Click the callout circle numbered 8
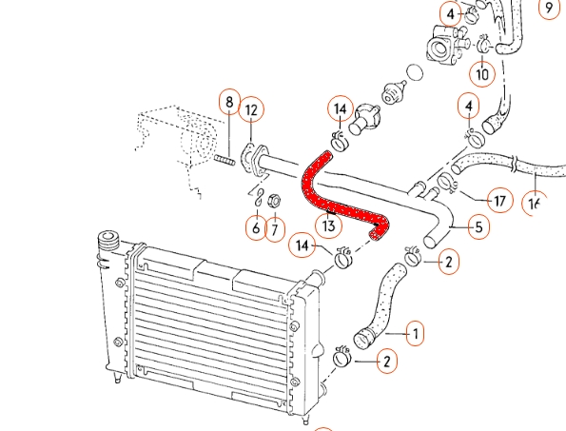[x=230, y=102]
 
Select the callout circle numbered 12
[x=251, y=109]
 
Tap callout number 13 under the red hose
[x=328, y=226]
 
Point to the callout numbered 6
[x=256, y=228]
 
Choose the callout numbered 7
[x=275, y=229]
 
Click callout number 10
[x=482, y=73]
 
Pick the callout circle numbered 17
[x=500, y=201]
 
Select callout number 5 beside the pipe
[x=479, y=227]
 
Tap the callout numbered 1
[x=415, y=334]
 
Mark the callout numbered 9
[x=550, y=8]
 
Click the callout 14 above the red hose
[x=341, y=109]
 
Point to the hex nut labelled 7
[x=274, y=201]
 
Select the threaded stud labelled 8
[x=224, y=160]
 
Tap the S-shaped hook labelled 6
[x=259, y=198]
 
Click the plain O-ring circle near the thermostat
[x=415, y=72]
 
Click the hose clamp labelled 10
[x=483, y=44]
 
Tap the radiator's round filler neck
[x=108, y=239]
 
